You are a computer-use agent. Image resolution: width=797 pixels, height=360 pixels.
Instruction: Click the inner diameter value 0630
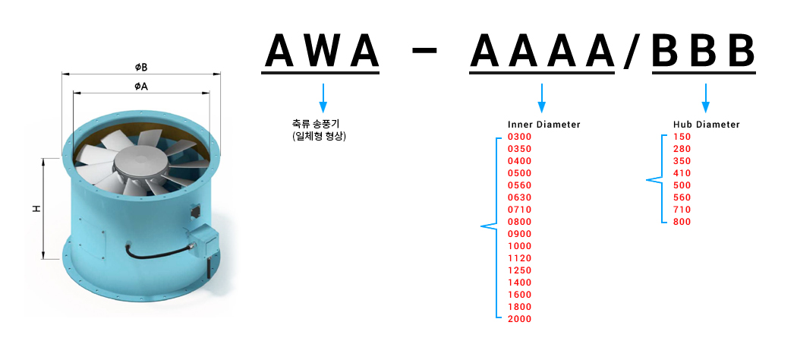point(519,197)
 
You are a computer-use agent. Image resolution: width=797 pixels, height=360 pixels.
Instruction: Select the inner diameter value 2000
point(519,319)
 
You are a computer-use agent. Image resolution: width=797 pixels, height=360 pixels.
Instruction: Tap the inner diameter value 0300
point(519,137)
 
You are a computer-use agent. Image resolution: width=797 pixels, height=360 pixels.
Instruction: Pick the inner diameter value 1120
point(519,258)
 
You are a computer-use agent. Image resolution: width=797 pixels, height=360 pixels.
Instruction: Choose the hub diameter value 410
point(682,173)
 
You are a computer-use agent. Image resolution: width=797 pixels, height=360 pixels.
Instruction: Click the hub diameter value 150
point(682,137)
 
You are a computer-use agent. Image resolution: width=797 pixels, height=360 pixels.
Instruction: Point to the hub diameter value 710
point(682,210)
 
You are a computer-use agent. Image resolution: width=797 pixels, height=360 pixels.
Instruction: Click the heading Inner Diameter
point(544,125)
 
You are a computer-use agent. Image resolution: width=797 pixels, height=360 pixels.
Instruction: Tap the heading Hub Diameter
point(707,125)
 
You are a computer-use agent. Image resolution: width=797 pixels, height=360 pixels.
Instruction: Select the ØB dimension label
point(141,68)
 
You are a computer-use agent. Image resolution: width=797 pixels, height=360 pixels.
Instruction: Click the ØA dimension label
point(141,87)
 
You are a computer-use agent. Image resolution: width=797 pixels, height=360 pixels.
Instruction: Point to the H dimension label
point(36,209)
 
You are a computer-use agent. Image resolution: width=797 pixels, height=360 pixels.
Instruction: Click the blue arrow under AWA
point(323,98)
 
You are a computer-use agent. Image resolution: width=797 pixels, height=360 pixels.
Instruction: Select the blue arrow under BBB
point(705,98)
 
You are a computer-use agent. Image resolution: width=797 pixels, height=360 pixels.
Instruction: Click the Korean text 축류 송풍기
point(316,124)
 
